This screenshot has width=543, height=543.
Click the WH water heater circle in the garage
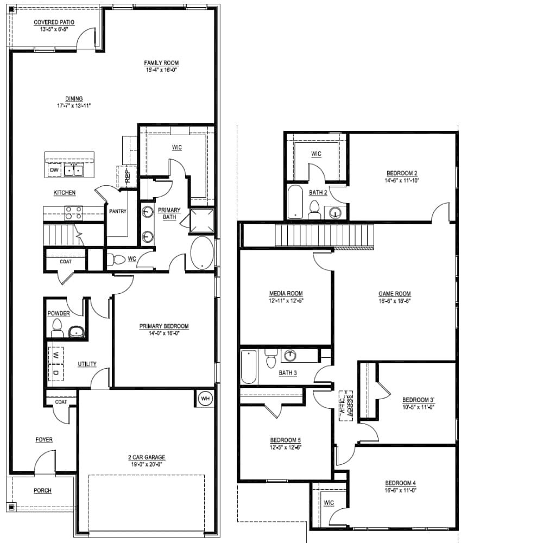click(x=205, y=398)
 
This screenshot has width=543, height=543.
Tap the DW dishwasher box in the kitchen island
click(x=54, y=170)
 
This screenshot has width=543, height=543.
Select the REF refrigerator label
click(x=127, y=175)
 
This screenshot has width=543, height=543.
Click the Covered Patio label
click(x=54, y=22)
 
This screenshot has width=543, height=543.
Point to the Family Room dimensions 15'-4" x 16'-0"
click(x=161, y=70)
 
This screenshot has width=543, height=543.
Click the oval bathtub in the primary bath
click(x=202, y=252)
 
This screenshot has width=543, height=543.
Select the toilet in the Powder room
click(x=57, y=328)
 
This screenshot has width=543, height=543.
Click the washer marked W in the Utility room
click(x=55, y=355)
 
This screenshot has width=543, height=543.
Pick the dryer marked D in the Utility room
click(x=55, y=372)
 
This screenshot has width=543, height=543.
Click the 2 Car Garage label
click(x=147, y=457)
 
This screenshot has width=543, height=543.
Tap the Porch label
click(x=42, y=490)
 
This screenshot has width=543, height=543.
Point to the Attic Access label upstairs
click(x=346, y=406)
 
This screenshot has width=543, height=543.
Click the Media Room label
click(x=286, y=293)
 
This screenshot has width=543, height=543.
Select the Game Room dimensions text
click(x=394, y=301)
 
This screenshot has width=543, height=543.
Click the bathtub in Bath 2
click(x=295, y=202)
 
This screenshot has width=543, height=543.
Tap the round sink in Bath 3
click(x=290, y=355)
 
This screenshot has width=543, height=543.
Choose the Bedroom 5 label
click(x=286, y=440)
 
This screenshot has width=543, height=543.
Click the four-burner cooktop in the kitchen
click(x=74, y=213)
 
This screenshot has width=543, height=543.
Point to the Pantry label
click(x=118, y=211)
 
